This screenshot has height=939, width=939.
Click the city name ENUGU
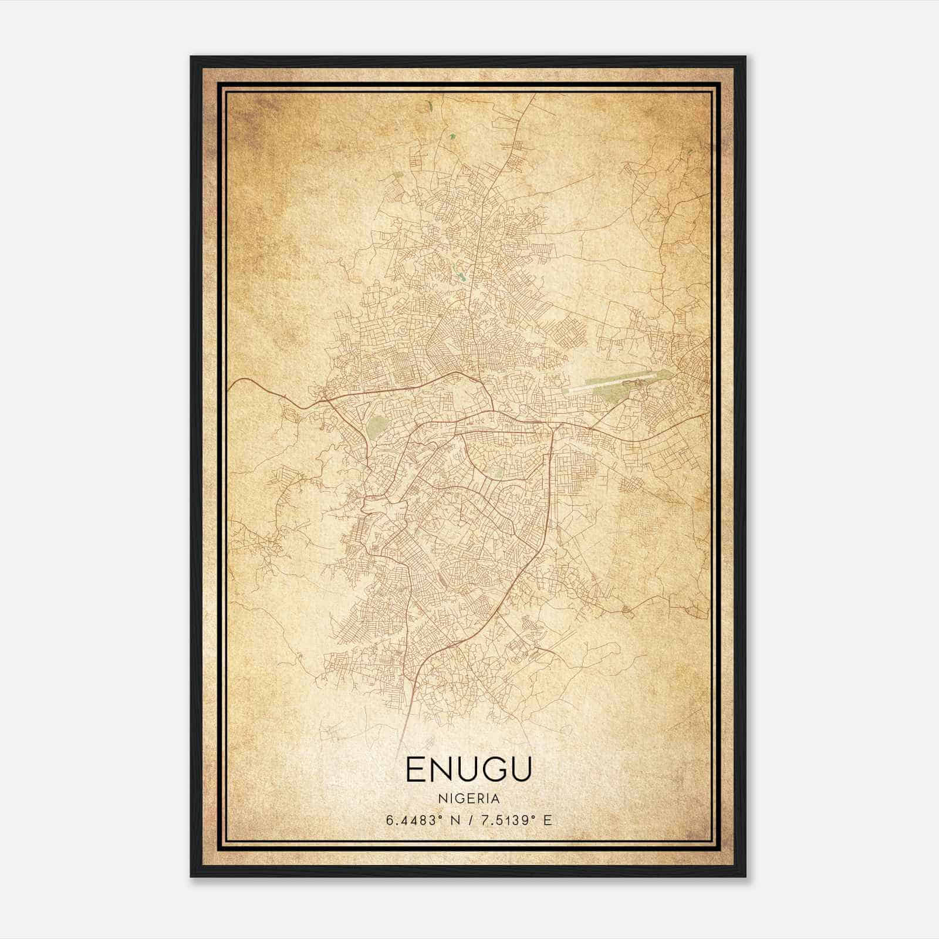pyautogui.click(x=468, y=769)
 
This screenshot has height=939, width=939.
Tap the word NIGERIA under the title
pyautogui.click(x=468, y=799)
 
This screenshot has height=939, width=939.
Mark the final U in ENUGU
pyautogui.click(x=521, y=769)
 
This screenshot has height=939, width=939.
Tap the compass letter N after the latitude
pyautogui.click(x=452, y=820)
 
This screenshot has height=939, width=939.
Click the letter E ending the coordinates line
pyautogui.click(x=548, y=820)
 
